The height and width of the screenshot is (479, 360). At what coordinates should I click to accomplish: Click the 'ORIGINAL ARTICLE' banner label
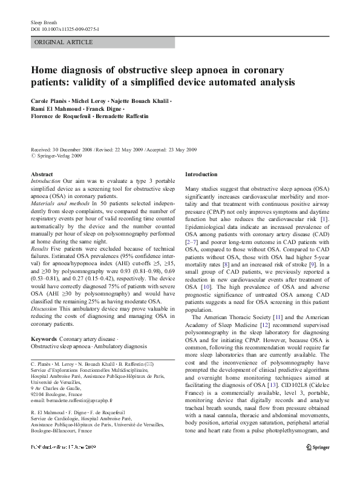(x=64, y=42)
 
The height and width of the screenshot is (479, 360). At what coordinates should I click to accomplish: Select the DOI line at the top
(x=65, y=28)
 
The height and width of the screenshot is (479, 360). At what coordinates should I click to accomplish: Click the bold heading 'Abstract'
(x=41, y=174)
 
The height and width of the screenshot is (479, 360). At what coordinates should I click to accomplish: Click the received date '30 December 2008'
(x=73, y=148)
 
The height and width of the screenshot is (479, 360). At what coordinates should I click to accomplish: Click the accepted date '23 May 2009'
(x=185, y=148)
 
